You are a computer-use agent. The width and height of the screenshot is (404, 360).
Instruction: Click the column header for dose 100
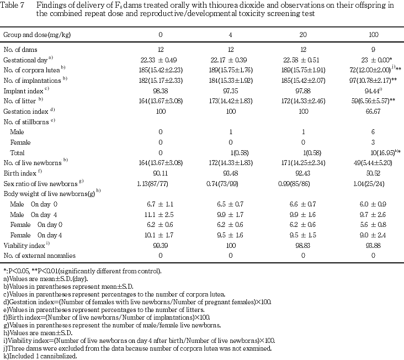click(374, 35)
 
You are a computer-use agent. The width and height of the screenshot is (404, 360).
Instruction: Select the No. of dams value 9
click(374, 50)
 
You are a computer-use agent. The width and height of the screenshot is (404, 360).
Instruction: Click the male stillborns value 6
click(374, 132)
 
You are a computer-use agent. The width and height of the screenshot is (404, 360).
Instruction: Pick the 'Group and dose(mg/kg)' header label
click(37, 35)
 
